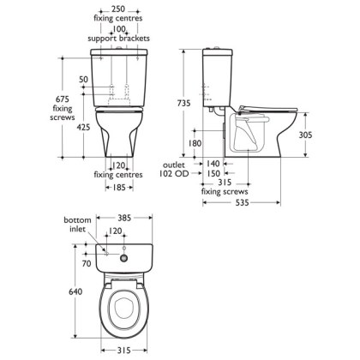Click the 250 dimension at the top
click(x=118, y=9)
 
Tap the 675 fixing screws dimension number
click(x=63, y=99)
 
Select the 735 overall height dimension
click(x=183, y=103)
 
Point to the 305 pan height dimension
click(x=305, y=135)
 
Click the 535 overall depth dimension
click(x=242, y=203)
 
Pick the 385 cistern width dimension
click(x=124, y=218)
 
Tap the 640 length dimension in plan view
click(x=75, y=291)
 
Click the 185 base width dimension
click(x=119, y=188)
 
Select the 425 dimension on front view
click(x=83, y=127)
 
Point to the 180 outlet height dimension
click(x=195, y=143)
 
